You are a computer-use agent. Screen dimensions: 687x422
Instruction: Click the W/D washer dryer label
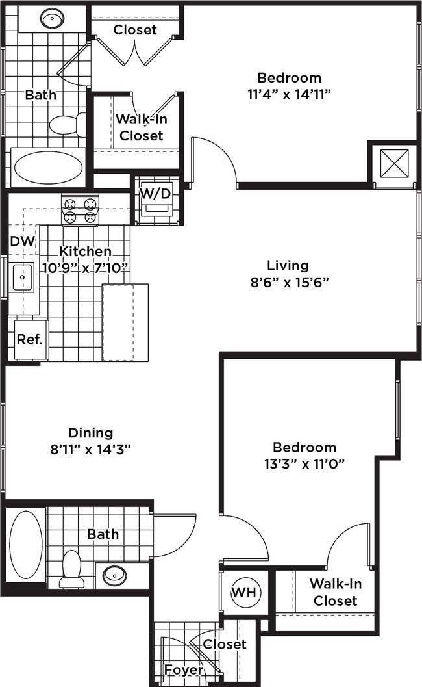tap(156, 194)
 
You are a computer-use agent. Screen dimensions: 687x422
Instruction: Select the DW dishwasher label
tap(23, 242)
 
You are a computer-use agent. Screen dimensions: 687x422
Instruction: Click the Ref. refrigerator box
tap(29, 339)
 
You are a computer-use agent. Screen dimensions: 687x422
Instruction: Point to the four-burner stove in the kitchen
tap(80, 210)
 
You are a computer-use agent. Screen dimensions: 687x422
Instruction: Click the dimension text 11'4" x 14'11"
tap(289, 94)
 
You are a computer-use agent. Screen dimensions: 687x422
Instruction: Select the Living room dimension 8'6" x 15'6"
tap(288, 282)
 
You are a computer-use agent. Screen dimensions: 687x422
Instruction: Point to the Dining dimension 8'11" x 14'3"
tap(91, 449)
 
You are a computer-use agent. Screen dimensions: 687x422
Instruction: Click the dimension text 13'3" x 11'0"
tap(304, 463)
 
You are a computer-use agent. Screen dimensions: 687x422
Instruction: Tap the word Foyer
tap(183, 669)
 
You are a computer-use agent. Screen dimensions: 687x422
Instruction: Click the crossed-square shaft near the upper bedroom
tap(393, 162)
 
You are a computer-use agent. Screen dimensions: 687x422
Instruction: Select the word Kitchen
tap(85, 252)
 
